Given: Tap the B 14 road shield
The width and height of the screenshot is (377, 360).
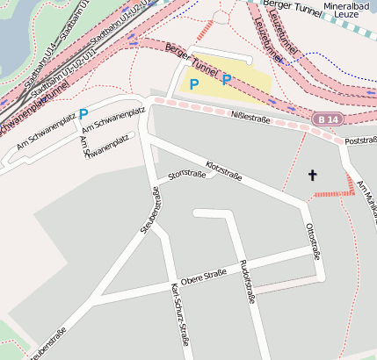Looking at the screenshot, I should point(327,119).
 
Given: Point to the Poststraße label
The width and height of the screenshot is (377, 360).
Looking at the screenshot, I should point(360,140).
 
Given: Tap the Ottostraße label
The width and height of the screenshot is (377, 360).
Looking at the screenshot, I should point(312,240).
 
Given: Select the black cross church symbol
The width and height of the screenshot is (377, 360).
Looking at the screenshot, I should point(312,176).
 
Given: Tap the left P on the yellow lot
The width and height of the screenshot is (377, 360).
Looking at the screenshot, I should point(194,84).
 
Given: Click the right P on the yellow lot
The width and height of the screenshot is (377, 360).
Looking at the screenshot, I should point(226,80).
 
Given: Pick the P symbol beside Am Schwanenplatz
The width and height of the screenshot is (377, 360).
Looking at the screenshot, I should point(83,114).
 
